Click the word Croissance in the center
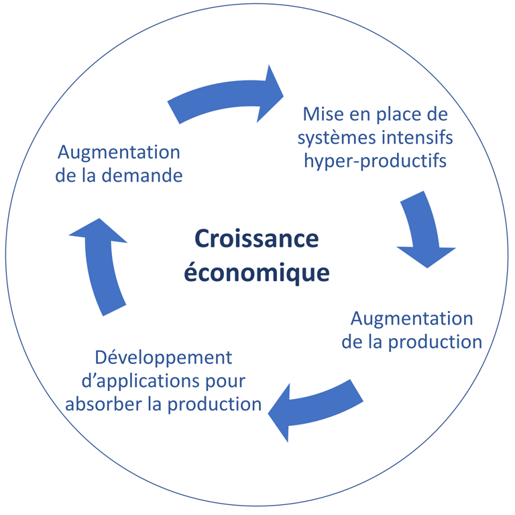pyautogui.click(x=257, y=239)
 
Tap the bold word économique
pyautogui.click(x=257, y=273)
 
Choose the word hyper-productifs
pyautogui.click(x=375, y=162)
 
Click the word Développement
pyautogui.click(x=164, y=357)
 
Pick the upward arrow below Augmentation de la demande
pyautogui.click(x=101, y=266)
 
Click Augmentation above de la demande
pyautogui.click(x=119, y=152)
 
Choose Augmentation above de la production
pyautogui.click(x=411, y=317)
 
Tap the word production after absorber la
pyautogui.click(x=215, y=404)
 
